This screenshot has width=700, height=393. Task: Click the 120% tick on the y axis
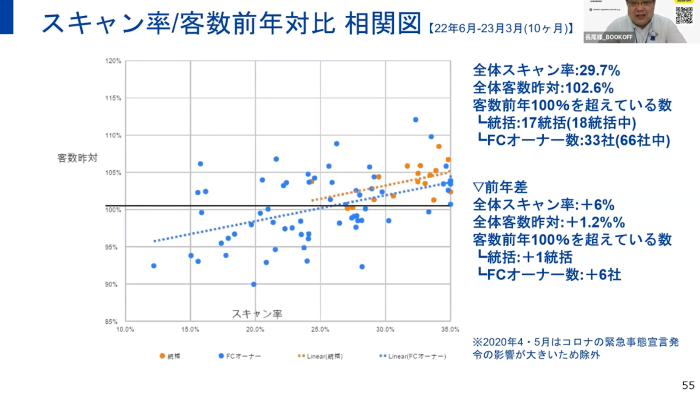(x=113, y=61)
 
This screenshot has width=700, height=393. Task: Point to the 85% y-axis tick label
(x=111, y=322)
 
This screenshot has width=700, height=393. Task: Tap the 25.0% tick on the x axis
(x=320, y=330)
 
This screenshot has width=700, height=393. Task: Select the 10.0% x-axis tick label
(x=125, y=330)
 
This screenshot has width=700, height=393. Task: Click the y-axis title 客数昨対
(x=77, y=158)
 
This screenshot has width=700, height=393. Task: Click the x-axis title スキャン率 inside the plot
(x=257, y=314)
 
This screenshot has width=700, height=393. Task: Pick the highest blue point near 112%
(x=416, y=120)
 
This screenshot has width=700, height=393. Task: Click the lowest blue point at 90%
(x=254, y=284)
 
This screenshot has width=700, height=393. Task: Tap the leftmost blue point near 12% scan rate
(x=154, y=265)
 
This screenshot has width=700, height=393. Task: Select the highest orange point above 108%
(x=439, y=146)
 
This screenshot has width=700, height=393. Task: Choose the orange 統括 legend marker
(x=162, y=356)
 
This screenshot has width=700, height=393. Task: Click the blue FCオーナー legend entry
(x=239, y=356)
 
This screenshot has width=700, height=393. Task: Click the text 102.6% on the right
(x=589, y=88)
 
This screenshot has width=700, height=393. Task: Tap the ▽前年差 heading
(x=500, y=187)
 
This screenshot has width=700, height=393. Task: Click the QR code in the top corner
(x=684, y=15)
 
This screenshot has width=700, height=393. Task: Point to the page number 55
(x=688, y=385)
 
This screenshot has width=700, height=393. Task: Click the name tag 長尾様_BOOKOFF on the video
(x=609, y=38)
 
